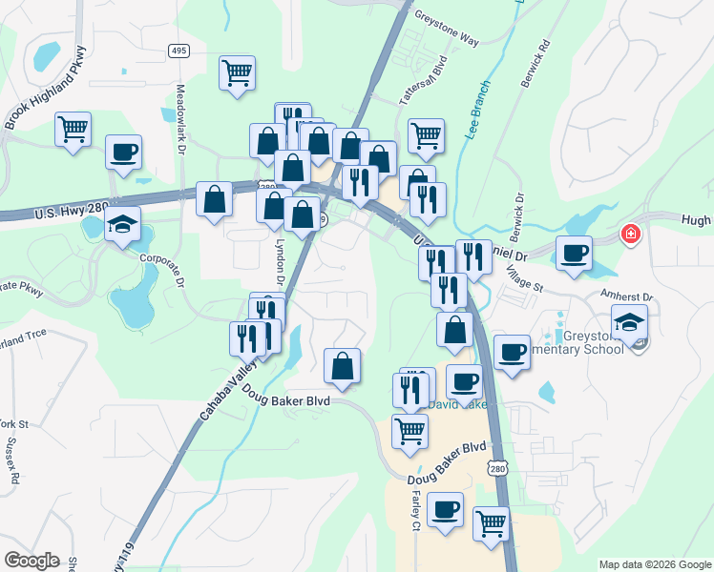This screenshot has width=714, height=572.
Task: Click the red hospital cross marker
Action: click(630, 234)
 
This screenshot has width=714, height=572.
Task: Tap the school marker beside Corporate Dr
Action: click(122, 225)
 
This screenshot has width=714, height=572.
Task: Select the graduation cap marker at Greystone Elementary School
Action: click(629, 323)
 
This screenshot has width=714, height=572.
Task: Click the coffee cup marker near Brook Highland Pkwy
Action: click(123, 153)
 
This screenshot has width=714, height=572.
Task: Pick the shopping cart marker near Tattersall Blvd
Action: click(426, 134)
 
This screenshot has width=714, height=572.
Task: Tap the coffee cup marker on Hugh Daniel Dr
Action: click(574, 254)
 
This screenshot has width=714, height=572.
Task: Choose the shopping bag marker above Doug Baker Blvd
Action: click(342, 366)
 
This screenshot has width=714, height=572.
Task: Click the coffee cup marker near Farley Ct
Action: click(445, 510)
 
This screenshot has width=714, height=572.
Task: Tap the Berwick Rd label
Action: click(535, 65)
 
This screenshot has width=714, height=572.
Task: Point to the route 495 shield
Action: click(178, 51)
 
